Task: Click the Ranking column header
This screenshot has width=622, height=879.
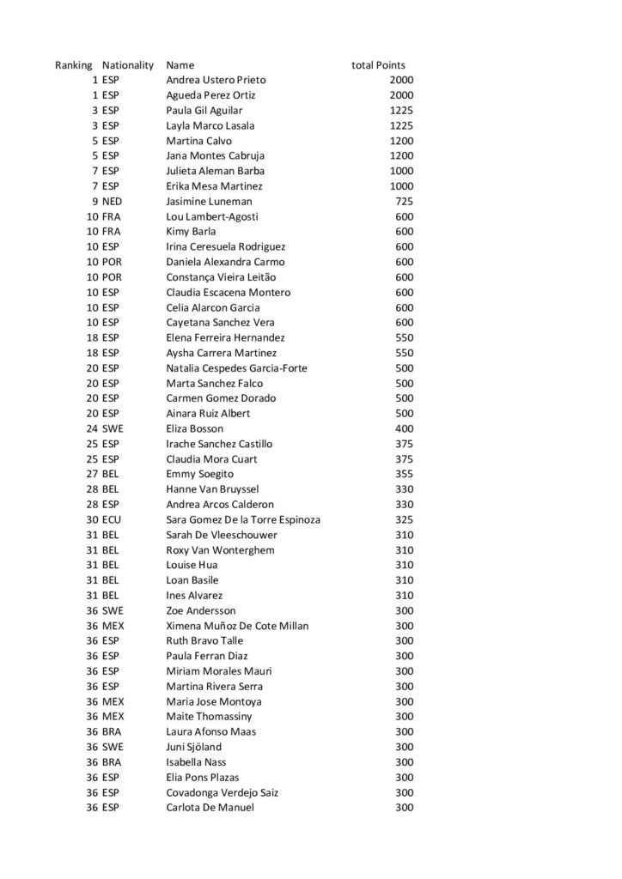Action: [73, 65]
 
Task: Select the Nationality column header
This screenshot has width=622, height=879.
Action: [128, 65]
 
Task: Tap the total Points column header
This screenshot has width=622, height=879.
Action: [378, 65]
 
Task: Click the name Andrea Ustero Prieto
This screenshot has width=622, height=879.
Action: [216, 80]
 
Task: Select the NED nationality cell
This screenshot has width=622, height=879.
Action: [113, 201]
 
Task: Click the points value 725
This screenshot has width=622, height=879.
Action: [403, 201]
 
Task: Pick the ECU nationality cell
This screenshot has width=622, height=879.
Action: [112, 519]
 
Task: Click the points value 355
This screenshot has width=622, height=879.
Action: [404, 474]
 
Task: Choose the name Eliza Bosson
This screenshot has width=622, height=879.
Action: [195, 428]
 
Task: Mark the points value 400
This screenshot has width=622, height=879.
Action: [404, 428]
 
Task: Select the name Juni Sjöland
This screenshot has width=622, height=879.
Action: [193, 747]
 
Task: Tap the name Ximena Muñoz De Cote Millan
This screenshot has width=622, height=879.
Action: [237, 626]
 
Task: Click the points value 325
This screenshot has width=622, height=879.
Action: [404, 519]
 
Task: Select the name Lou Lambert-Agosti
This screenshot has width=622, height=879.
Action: [212, 216]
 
